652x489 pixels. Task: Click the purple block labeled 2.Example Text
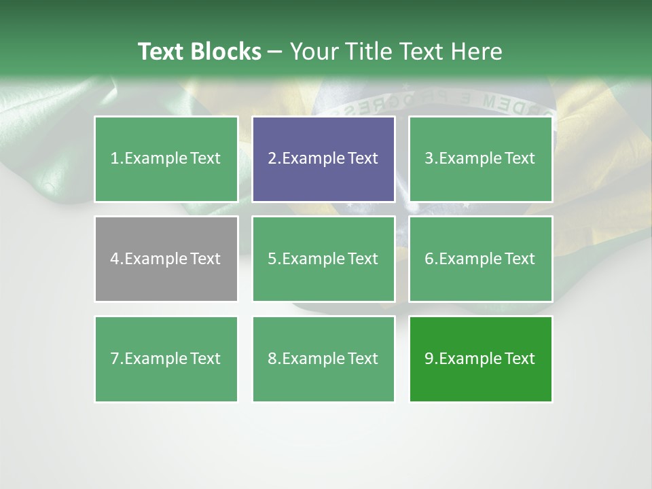(323, 159)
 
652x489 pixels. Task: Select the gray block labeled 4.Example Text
(166, 259)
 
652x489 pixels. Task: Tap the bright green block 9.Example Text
(480, 359)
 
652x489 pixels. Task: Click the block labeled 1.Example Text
(166, 159)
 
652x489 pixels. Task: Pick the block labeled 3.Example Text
(480, 159)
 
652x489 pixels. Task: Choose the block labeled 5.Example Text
(323, 259)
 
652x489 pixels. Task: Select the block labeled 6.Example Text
(480, 259)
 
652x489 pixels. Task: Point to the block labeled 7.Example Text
(166, 359)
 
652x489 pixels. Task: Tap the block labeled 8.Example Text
(323, 359)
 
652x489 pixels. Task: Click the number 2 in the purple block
(272, 159)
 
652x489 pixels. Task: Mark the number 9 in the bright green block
(429, 359)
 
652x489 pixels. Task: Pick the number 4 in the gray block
(115, 259)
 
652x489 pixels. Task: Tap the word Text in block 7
(205, 359)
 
